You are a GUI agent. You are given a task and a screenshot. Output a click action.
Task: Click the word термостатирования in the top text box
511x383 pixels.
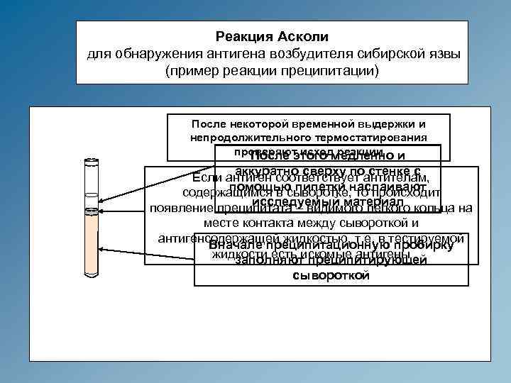373,136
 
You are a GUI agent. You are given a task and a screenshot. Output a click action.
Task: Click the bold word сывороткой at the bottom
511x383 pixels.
331,275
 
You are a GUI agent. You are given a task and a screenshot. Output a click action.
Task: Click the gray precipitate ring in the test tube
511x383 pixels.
91,211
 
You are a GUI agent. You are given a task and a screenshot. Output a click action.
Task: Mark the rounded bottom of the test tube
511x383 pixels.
91,274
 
